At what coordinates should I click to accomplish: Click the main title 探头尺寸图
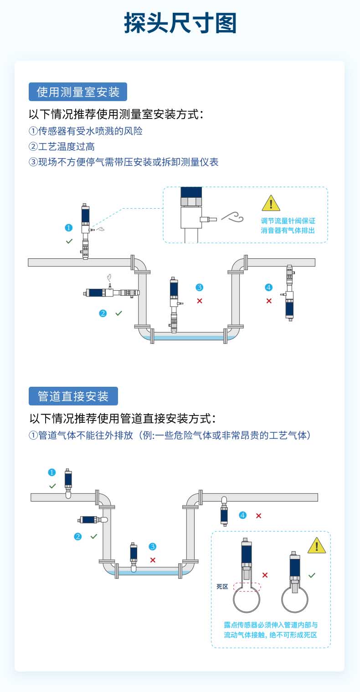(x=180, y=24)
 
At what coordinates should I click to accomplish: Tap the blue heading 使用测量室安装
(x=77, y=92)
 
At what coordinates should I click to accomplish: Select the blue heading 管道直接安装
(x=73, y=396)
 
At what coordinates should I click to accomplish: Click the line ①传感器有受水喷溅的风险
(x=86, y=131)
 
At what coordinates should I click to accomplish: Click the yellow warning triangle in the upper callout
(x=271, y=203)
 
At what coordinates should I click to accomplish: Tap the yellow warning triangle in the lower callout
(x=317, y=545)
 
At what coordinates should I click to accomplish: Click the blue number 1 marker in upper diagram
(x=69, y=227)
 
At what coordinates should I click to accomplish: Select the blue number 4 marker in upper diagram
(x=268, y=287)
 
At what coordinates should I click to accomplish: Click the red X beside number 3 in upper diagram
(x=200, y=301)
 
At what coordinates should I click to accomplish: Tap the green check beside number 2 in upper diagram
(x=118, y=313)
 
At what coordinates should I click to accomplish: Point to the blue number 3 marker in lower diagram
(x=153, y=546)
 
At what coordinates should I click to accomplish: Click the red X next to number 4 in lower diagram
(x=258, y=515)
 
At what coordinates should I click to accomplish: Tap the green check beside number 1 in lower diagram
(x=52, y=486)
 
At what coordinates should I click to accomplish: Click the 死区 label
(x=222, y=587)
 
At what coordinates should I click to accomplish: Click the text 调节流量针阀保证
(x=288, y=221)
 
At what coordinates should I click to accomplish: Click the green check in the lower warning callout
(x=312, y=575)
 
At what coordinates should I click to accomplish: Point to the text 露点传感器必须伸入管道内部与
(x=271, y=625)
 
